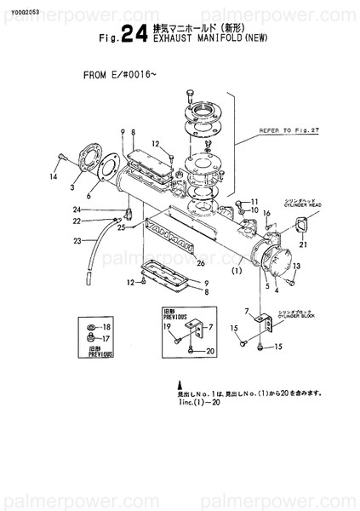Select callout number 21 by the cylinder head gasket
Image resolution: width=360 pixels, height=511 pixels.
coord(300,244)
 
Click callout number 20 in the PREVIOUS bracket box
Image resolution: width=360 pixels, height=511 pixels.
coord(210,351)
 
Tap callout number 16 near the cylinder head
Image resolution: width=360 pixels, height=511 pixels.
coord(266,212)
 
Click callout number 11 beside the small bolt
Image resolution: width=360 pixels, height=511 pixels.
coord(253,202)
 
